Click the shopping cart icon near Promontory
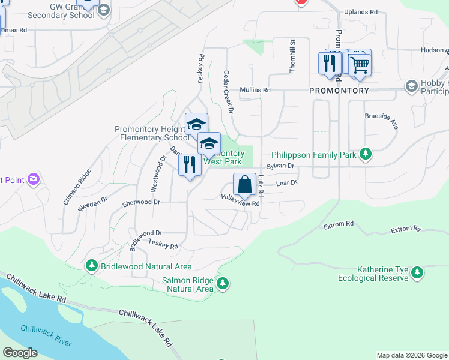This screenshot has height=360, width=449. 360,64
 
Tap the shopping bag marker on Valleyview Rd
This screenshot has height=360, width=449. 245,184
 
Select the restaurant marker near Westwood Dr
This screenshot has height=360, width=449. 190,164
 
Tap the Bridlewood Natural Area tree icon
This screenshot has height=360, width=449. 91,265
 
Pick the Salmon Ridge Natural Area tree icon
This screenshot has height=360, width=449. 223,283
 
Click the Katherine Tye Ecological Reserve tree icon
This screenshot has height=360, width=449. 417,274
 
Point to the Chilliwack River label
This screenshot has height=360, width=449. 46,336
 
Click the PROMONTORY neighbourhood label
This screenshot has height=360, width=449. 339,91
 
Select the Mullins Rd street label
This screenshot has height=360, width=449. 256,90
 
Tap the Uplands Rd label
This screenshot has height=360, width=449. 360,12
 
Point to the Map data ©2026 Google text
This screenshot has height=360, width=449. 411,355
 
